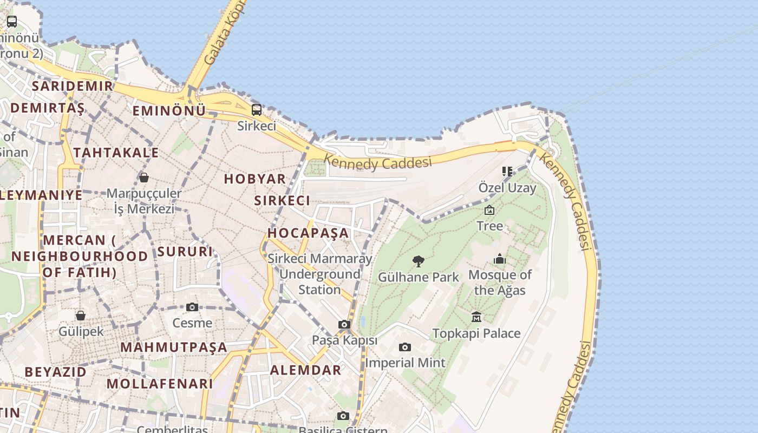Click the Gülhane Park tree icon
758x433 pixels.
click(x=418, y=261)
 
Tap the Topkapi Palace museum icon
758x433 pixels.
click(x=476, y=317)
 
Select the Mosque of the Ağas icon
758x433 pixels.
click(x=500, y=259)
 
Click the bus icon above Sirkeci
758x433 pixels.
click(x=257, y=110)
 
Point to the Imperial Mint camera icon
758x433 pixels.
click(x=405, y=347)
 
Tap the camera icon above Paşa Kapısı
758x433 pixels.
click(x=344, y=325)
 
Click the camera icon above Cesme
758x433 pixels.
click(x=192, y=307)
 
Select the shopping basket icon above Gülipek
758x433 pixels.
click(x=81, y=316)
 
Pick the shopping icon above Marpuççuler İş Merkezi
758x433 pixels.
click(x=144, y=178)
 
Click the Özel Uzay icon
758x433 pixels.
click(x=507, y=172)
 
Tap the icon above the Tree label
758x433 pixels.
click(x=489, y=210)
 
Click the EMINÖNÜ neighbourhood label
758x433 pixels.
click(x=169, y=111)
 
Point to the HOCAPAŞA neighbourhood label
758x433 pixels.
click(x=308, y=233)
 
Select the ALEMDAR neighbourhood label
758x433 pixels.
click(x=306, y=370)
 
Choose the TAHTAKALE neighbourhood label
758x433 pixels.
click(x=116, y=153)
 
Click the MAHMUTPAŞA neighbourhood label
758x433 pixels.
click(x=174, y=347)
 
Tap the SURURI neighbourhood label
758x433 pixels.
click(x=185, y=252)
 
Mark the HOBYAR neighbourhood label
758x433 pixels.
click(x=255, y=179)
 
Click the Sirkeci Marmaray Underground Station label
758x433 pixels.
click(x=320, y=274)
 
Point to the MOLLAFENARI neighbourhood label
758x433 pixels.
click(x=160, y=384)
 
